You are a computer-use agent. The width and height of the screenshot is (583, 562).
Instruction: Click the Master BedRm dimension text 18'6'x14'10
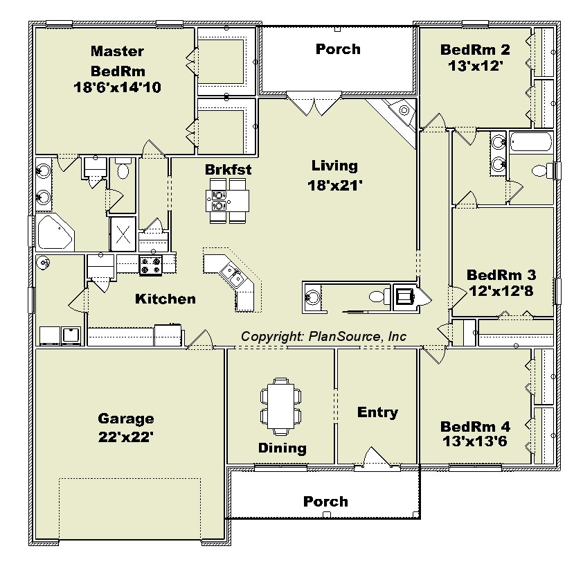point(117,87)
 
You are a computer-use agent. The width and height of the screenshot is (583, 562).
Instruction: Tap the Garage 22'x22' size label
point(126,437)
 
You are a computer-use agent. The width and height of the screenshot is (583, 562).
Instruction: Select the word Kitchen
point(165,299)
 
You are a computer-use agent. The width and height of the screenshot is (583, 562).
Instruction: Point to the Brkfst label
point(228,170)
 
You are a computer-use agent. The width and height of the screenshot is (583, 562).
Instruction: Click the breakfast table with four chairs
point(227,201)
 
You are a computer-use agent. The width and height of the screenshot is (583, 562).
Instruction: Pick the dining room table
point(280,406)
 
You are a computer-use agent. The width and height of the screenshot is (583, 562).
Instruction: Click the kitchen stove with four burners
point(150,265)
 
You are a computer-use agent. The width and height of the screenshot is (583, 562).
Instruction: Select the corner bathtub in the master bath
point(55,232)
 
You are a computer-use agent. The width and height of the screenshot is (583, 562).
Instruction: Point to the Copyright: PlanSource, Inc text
point(323,337)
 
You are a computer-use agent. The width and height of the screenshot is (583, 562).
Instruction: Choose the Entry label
point(377,412)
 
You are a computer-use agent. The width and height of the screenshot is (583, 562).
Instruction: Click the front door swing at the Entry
point(376,456)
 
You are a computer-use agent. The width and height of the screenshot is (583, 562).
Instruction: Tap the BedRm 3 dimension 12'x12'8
point(501,290)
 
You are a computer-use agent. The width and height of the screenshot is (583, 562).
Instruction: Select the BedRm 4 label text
point(475,426)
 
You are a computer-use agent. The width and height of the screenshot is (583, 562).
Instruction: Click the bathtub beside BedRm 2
point(531,142)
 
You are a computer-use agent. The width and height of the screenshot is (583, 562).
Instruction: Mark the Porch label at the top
point(338,49)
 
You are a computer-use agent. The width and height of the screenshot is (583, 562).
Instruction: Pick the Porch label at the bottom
point(325,501)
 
